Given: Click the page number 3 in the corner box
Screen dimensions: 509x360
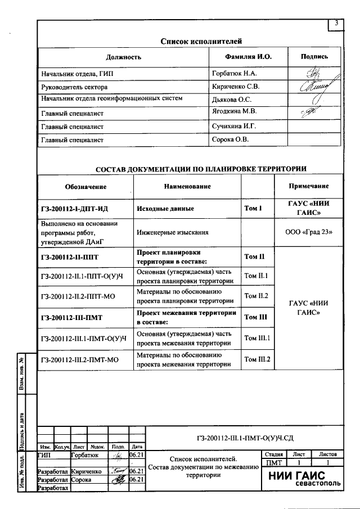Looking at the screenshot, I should coord(336,24).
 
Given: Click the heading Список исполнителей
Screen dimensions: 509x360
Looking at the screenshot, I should coord(201,41).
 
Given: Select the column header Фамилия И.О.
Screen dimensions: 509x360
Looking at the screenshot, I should coord(247,57).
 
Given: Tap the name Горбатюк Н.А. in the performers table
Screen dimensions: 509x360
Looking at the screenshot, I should coord(234,73).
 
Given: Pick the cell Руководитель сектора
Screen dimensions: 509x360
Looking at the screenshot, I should coord(74,87).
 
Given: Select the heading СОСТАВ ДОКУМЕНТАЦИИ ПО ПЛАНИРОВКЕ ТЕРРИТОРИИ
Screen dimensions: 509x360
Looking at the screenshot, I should coord(201,168).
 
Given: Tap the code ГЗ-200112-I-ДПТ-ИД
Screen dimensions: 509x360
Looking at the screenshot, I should coord(74,209).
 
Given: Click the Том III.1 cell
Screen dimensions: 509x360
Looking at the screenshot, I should coord(256,339).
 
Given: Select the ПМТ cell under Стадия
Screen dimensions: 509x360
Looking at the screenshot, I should coord(273,462).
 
